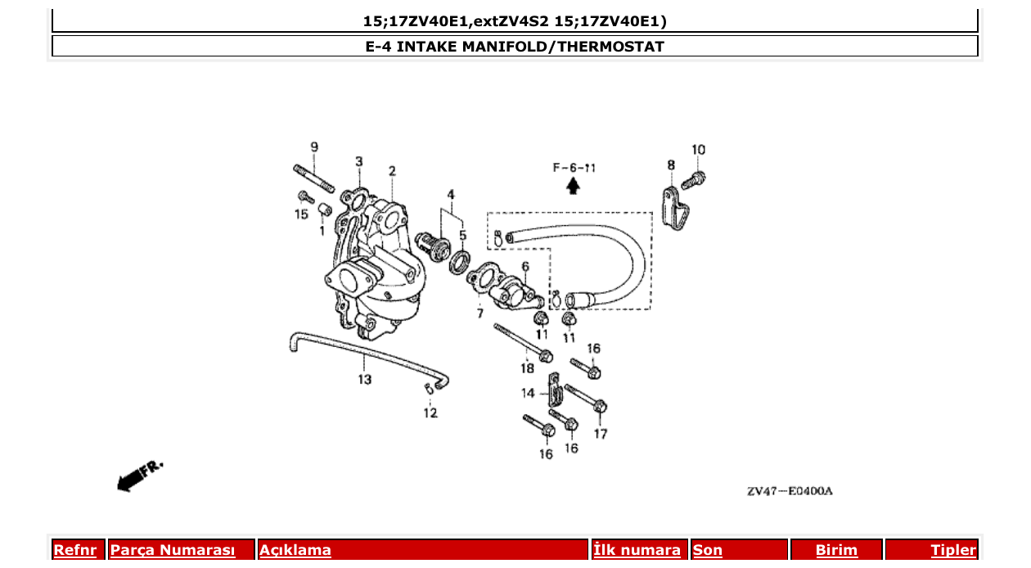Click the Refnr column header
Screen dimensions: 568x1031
click(74, 550)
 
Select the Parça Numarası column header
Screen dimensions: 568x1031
click(172, 550)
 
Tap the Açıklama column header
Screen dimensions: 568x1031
click(295, 550)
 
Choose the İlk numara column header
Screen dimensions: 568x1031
click(637, 550)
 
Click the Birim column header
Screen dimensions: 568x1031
click(835, 550)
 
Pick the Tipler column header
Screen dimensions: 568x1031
click(952, 550)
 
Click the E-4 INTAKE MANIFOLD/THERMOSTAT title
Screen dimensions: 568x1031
click(515, 47)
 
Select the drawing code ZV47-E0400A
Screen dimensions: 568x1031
click(789, 491)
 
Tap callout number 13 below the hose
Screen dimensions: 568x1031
click(364, 379)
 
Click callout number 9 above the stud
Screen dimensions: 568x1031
click(314, 147)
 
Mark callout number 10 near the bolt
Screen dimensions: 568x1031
click(698, 150)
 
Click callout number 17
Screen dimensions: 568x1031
click(601, 434)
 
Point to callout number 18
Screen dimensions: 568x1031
click(527, 368)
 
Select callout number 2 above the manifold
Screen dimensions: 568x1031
click(392, 171)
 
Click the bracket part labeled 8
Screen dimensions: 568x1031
click(674, 208)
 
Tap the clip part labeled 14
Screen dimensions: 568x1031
click(554, 393)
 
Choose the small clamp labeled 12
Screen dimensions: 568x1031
click(428, 388)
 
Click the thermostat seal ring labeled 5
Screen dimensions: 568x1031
click(461, 260)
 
